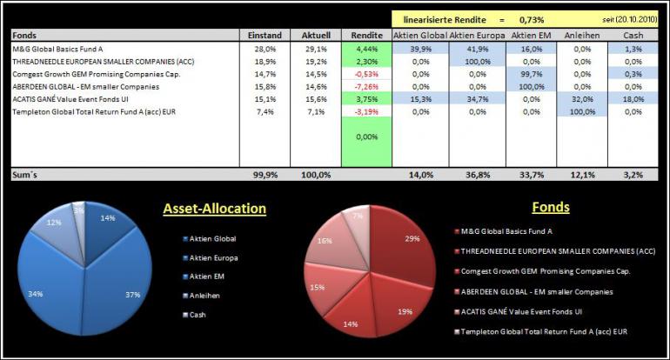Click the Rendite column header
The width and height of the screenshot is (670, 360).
(366, 36)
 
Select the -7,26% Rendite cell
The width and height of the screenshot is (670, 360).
(366, 87)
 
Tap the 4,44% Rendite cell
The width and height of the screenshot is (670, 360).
(366, 49)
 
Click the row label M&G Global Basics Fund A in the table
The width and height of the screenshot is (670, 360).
(57, 49)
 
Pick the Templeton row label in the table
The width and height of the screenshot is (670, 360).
(94, 112)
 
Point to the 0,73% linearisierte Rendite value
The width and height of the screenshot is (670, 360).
(532, 20)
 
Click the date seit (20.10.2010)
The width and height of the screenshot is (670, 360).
(630, 20)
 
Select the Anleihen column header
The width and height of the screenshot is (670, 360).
(582, 36)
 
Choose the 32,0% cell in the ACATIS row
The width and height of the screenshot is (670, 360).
(582, 99)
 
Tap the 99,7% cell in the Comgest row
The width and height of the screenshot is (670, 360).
(532, 74)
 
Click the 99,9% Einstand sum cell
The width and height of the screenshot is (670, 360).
(265, 175)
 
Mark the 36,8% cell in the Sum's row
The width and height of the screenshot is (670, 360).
(478, 175)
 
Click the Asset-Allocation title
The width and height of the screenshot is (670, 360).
(215, 209)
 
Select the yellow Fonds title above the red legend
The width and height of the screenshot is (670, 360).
(551, 207)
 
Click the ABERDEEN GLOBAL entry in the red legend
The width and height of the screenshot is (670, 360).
(533, 292)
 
